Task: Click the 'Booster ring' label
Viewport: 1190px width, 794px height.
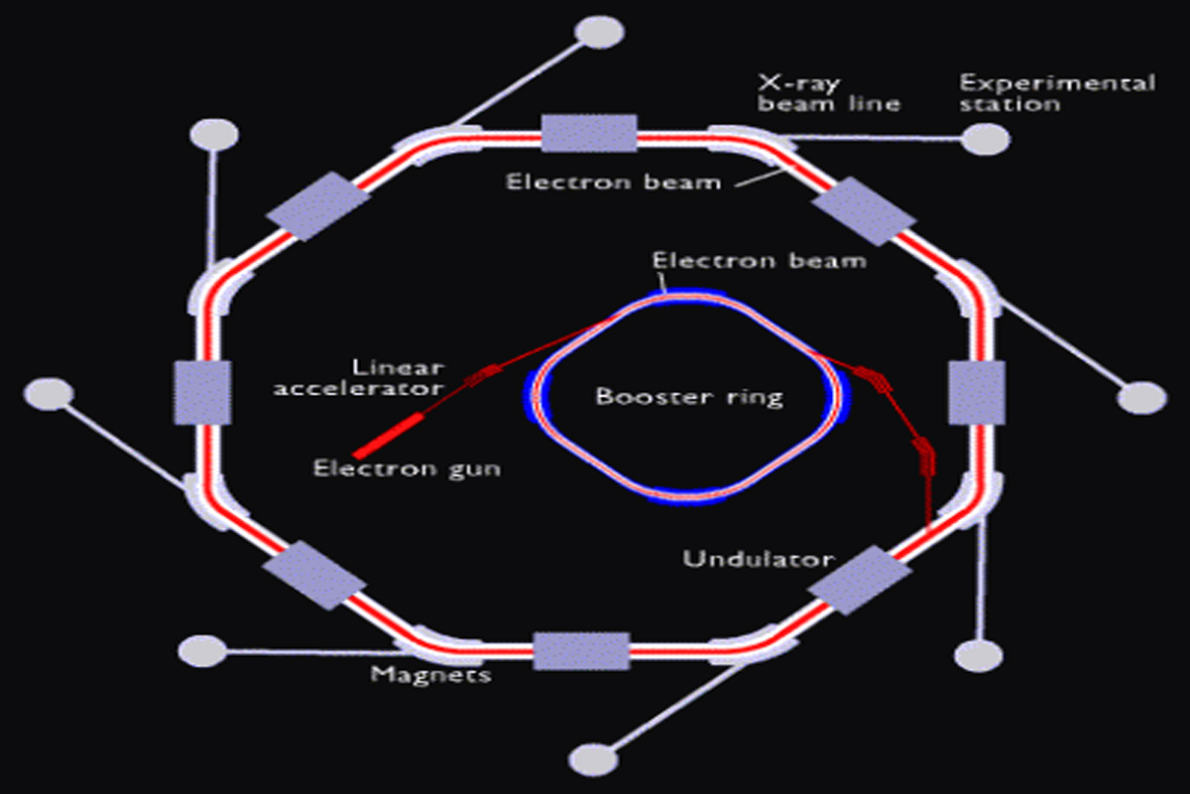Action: pyautogui.click(x=689, y=397)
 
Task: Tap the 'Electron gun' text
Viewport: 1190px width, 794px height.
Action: pyautogui.click(x=407, y=466)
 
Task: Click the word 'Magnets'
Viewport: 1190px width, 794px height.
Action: pyautogui.click(x=431, y=675)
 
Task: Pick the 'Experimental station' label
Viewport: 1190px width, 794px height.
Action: pyautogui.click(x=1056, y=92)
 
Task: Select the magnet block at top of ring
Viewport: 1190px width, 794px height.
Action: pyautogui.click(x=589, y=133)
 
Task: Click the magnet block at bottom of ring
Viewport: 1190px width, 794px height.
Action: pyautogui.click(x=581, y=651)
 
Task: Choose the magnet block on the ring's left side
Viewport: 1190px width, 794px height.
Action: pyautogui.click(x=202, y=391)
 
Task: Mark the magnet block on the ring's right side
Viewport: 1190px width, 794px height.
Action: pyautogui.click(x=969, y=391)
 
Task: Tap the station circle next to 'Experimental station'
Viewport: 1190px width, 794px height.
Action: pyautogui.click(x=987, y=140)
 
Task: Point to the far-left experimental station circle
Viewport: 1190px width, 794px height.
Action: pyautogui.click(x=49, y=393)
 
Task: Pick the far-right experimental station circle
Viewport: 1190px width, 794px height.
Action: pyautogui.click(x=1141, y=398)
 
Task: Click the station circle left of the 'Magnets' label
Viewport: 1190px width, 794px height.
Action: pyautogui.click(x=203, y=651)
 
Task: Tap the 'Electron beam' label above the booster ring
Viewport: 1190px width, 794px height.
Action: pyautogui.click(x=759, y=261)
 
